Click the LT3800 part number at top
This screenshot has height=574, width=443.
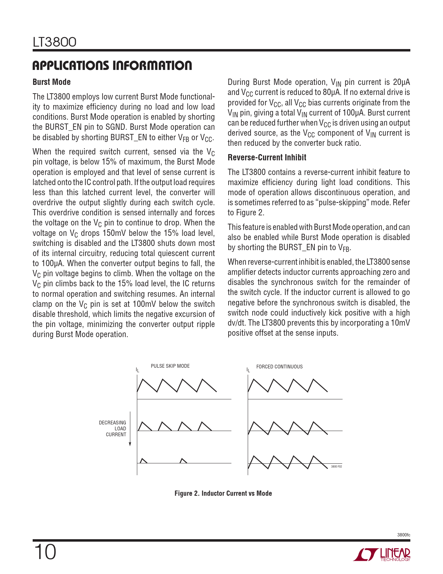point(55,42)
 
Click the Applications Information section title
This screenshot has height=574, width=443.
point(112,65)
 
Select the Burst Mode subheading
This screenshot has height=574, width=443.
point(51,82)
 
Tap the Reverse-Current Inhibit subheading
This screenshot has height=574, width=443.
point(267,158)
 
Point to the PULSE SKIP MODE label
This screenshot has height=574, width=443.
point(170,366)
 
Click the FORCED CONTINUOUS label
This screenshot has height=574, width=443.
point(279,367)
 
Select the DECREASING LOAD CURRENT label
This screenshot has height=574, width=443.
point(113,429)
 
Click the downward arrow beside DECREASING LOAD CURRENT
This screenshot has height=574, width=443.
point(130,429)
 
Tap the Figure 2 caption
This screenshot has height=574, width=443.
point(223,493)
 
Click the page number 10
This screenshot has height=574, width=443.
point(45,552)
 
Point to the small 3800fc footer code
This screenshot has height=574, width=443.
point(403,535)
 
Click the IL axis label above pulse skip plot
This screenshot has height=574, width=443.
point(138,370)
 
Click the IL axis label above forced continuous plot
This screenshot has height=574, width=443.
point(248,370)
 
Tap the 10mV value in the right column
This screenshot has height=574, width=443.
point(400,323)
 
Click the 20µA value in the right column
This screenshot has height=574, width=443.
point(401,82)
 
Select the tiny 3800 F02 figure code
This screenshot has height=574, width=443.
point(336,467)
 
